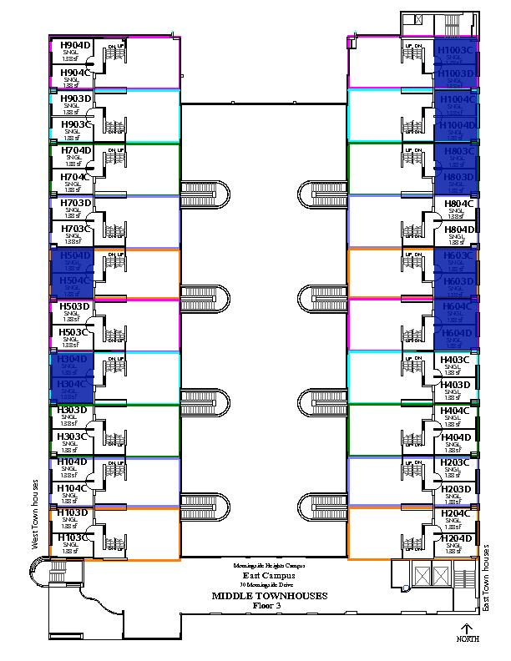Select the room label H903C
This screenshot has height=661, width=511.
(x=74, y=124)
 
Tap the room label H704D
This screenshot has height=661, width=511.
(x=74, y=151)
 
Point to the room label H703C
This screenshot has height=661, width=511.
(x=74, y=229)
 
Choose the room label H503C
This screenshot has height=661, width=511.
(x=74, y=332)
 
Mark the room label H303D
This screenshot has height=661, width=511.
(x=74, y=411)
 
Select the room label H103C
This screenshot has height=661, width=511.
(x=74, y=539)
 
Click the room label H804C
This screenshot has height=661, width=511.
(x=459, y=203)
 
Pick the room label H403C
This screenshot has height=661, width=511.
(x=457, y=359)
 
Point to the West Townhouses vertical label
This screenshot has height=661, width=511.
(x=36, y=514)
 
